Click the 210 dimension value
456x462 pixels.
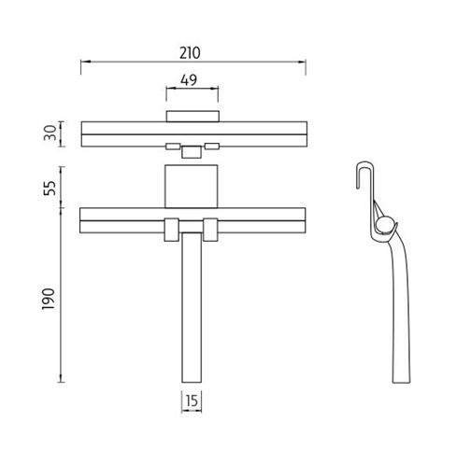coord(190,53)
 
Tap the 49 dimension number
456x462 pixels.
coord(189,80)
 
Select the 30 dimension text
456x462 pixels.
coord(50,133)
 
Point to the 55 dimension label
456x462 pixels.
coord(50,188)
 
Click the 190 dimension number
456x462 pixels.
coord(49,299)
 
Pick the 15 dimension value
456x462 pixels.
coord(192,400)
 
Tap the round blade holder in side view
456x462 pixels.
coord(384,225)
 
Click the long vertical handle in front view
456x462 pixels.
coord(192,307)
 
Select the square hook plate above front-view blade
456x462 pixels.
coord(191,187)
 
